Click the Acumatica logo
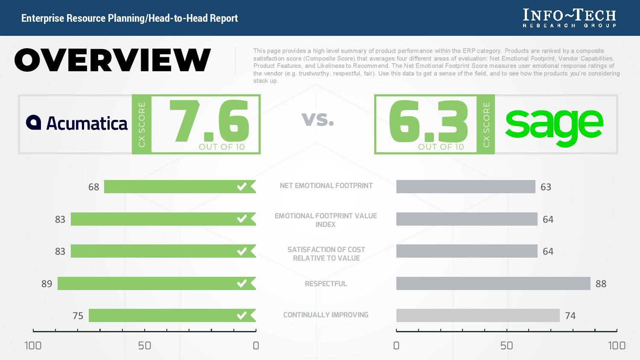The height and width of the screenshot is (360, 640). coord(77,123)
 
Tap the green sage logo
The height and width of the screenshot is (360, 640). coord(554,126)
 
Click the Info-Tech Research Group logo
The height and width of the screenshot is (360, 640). coord(570,18)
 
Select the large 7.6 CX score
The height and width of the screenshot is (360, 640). coord(209,122)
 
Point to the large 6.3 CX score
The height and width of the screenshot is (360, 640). coord(428,122)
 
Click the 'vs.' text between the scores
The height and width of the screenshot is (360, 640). coord(318,119)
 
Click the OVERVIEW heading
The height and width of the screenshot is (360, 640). coord(113,60)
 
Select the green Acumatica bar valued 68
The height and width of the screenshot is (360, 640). coord(171,187)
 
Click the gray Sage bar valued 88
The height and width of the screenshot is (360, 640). coord(493,284)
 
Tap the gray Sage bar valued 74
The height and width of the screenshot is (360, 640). coord(478,316)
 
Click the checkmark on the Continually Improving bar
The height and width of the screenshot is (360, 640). coord(242,316)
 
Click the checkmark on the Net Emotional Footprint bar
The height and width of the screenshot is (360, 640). coord(242,187)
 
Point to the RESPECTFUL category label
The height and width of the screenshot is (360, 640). coord(326,284)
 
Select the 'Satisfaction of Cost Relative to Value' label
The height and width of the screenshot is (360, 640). coord(326,254)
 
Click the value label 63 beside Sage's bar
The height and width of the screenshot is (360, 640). coord(546,187)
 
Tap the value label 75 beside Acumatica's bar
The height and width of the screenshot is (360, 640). coord(78,316)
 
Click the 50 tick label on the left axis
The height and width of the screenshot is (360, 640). coord(145,345)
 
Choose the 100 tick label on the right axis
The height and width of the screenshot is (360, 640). coord(617,345)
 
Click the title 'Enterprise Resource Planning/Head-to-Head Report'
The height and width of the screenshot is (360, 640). coord(129,18)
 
